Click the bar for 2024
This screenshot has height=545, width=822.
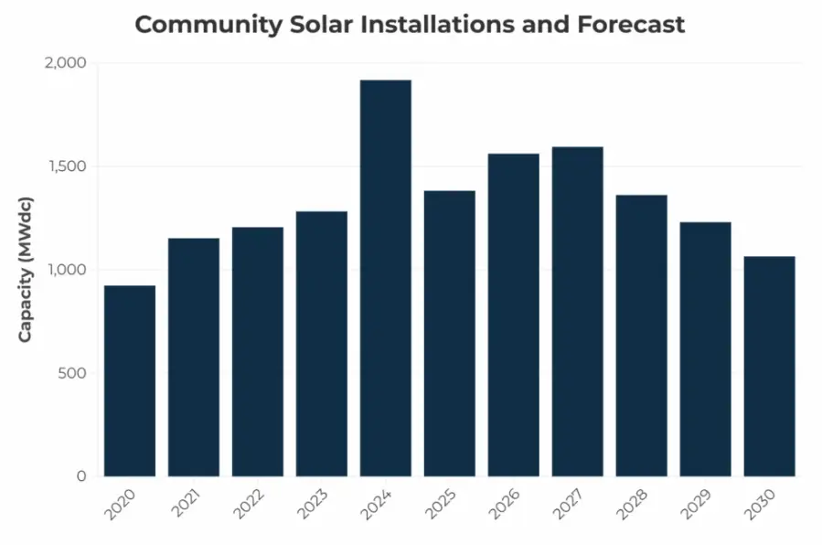[x=385, y=278]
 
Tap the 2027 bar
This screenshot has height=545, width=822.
[x=577, y=311]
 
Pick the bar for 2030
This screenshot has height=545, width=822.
[x=769, y=366]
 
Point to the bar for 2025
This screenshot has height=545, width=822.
[x=449, y=333]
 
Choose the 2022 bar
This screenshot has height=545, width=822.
[x=257, y=351]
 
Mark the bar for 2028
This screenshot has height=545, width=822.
[x=641, y=335]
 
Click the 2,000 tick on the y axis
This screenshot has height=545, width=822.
[x=65, y=63]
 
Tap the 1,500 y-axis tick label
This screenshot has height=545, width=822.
[x=66, y=166]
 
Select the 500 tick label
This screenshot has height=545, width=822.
[x=71, y=373]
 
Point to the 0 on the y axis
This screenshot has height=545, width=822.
[x=80, y=476]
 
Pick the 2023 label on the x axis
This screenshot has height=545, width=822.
[x=312, y=505]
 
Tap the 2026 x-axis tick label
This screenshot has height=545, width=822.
[x=504, y=505]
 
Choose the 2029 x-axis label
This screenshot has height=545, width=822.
[x=696, y=505]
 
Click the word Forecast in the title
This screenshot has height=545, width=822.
[x=631, y=25]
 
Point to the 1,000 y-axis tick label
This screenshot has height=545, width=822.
[x=66, y=270]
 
